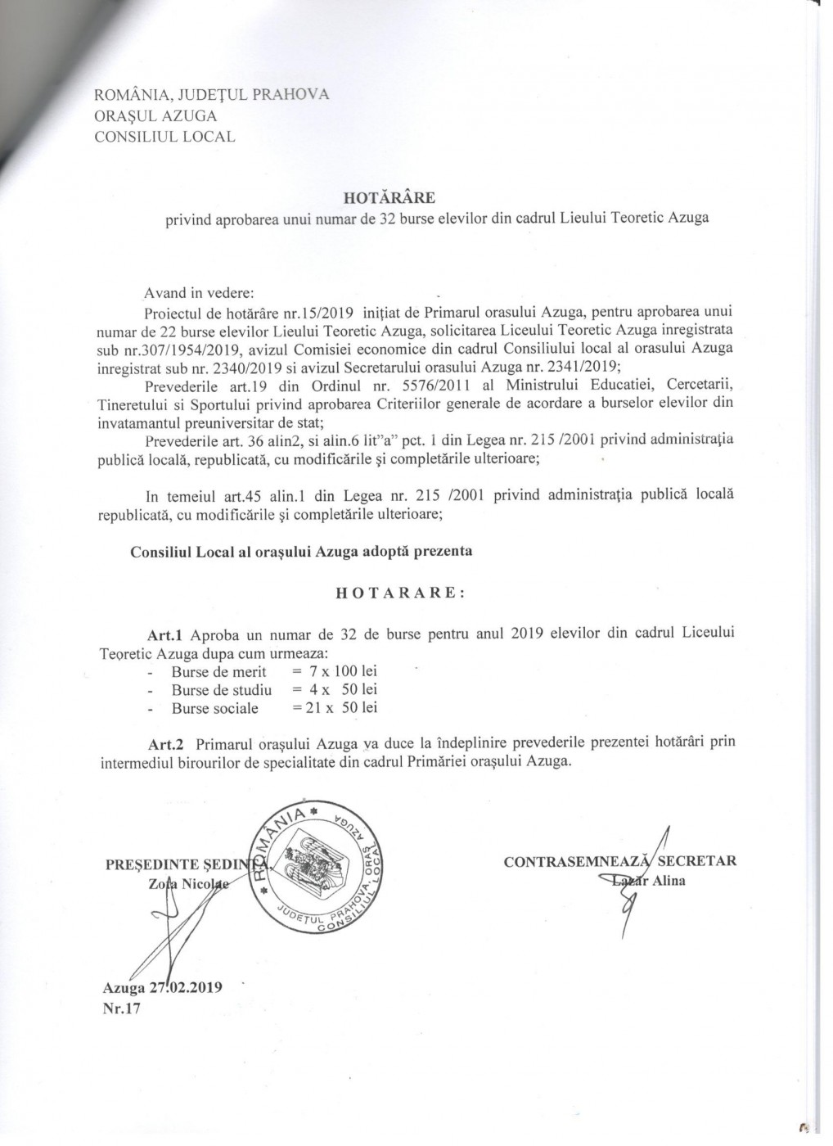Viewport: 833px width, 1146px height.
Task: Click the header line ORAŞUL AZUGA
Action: [x=155, y=115]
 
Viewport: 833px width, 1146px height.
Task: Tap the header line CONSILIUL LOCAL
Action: [x=164, y=137]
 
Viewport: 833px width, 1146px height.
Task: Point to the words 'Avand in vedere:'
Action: [x=199, y=292]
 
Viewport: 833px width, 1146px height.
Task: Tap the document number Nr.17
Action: [x=122, y=1008]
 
